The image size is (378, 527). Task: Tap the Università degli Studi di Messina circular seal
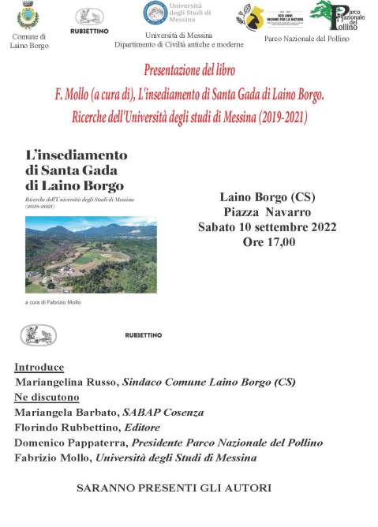155,13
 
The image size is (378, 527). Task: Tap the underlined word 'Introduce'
39,368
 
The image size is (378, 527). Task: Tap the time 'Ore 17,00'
268,242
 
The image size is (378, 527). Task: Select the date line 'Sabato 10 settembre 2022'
268,227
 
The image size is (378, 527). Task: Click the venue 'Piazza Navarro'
267,211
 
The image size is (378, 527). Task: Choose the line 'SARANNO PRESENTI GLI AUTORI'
174,488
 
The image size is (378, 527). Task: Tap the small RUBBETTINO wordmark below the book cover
144,335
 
